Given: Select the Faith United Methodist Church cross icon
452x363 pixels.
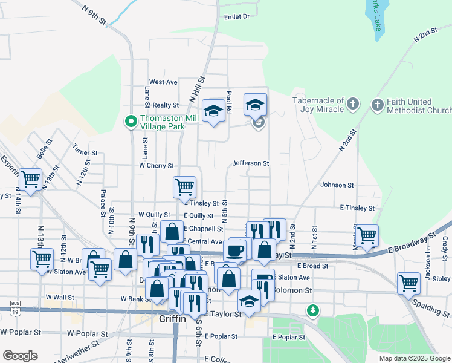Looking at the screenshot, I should click(x=377, y=105).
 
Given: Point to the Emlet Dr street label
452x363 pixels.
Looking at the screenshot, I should click(x=237, y=17).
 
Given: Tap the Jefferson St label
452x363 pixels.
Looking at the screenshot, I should click(x=251, y=163).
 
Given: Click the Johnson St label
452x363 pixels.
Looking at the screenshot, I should click(x=337, y=185).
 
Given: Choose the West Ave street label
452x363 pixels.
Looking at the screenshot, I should click(x=163, y=82).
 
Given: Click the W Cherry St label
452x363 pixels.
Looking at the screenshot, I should click(x=157, y=165).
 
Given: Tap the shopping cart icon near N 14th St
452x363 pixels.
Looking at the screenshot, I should click(x=30, y=178).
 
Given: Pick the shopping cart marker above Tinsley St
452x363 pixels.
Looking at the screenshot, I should click(x=184, y=186).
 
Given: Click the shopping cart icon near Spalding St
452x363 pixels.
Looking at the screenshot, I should click(x=408, y=283).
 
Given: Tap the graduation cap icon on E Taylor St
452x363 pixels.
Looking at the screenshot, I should click(x=249, y=299).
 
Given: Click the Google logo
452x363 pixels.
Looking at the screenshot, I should click(x=20, y=356).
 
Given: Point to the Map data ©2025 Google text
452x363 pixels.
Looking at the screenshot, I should click(x=415, y=358).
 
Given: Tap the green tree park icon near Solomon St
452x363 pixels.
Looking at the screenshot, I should click(x=312, y=311).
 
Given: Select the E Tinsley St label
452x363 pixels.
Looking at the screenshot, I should click(x=357, y=208).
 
